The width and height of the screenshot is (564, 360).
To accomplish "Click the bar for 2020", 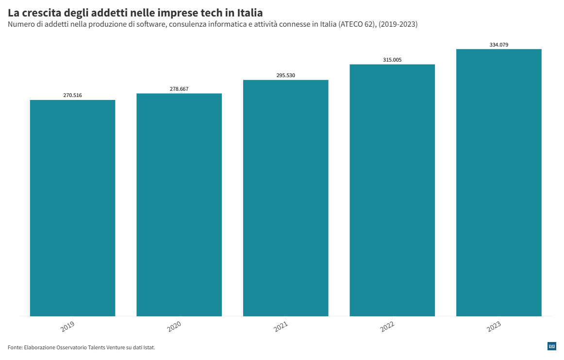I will point(179,204).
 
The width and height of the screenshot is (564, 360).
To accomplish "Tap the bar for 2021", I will point(285,197).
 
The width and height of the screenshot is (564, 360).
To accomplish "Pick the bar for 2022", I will point(392,190).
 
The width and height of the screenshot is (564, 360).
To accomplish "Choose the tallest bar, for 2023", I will point(498,182).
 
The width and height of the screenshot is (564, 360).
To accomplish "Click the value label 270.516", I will point(72,95).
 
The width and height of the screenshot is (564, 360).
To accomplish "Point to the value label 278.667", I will point(179,89).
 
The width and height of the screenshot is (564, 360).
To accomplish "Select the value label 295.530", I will point(285,75).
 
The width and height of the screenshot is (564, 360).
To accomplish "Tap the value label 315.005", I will point(392,60).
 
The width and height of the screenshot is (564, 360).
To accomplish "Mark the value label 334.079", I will point(498,45).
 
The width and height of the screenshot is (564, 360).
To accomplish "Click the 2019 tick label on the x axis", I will point(67,327).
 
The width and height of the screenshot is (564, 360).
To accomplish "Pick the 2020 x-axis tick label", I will point(174,327).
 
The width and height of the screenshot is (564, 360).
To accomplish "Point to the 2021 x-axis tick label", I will point(281,327).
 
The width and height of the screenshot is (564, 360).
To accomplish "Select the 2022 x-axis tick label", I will point(387,327).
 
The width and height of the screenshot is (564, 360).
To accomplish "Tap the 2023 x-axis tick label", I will point(494,327).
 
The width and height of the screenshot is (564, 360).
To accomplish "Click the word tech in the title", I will point(211,13).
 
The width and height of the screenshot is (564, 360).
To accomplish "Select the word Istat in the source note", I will point(148,347).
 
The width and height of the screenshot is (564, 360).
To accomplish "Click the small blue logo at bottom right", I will point(551,346).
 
